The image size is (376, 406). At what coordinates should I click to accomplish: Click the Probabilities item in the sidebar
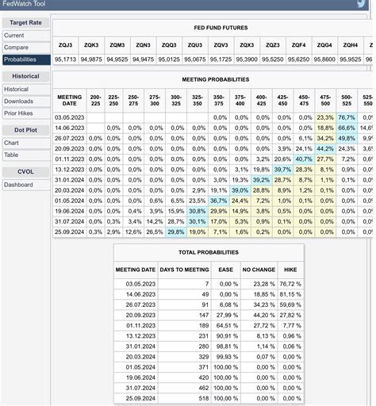click(x=20, y=59)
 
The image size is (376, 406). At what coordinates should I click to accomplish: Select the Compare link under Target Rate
click(x=16, y=48)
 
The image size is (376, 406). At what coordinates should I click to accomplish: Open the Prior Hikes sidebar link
click(x=19, y=113)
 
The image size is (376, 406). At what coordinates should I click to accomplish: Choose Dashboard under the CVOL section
click(x=18, y=185)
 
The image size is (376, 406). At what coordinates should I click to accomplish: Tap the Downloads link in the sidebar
click(x=18, y=101)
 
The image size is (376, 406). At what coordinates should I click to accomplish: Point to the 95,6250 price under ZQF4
click(x=298, y=59)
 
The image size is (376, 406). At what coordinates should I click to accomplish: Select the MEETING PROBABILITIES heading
click(x=215, y=80)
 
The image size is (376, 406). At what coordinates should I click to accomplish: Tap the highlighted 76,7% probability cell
click(x=346, y=117)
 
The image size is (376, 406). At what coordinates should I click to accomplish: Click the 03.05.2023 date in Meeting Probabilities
click(x=69, y=117)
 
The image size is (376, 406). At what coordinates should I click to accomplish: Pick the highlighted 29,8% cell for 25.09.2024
click(x=176, y=232)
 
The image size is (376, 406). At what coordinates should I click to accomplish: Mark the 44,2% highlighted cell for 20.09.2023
click(x=325, y=148)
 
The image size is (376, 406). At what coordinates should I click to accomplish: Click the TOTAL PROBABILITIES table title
click(x=209, y=252)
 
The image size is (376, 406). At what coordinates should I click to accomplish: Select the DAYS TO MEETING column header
click(x=184, y=270)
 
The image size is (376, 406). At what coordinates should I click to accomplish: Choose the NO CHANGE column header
click(x=259, y=270)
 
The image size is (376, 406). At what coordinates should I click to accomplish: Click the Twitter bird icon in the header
click(x=361, y=4)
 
